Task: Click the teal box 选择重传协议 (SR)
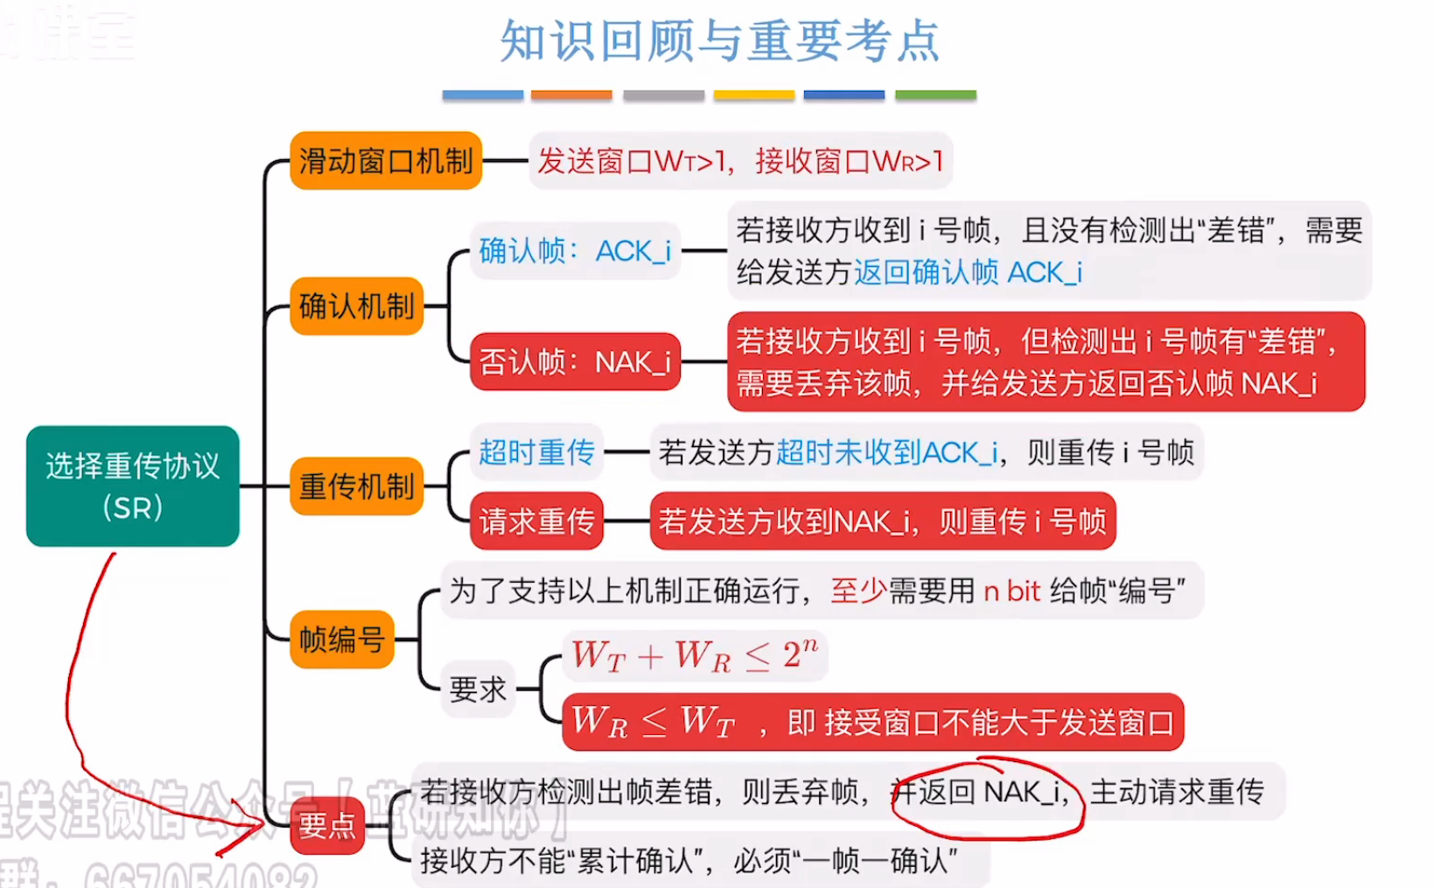(x=132, y=486)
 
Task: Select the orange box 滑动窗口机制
(x=386, y=161)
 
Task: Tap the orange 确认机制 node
(x=357, y=306)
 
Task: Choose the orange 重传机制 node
(x=357, y=486)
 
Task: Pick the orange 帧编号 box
(x=342, y=640)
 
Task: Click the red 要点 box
(x=326, y=825)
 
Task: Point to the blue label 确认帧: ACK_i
(x=575, y=251)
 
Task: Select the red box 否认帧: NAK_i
(x=575, y=361)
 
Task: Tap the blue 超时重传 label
(x=536, y=452)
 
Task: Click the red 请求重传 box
(x=536, y=521)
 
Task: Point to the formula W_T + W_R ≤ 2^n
(x=695, y=655)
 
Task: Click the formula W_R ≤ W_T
(x=653, y=723)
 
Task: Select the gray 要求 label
(x=478, y=689)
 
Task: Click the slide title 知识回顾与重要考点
(x=719, y=40)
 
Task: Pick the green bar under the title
(x=935, y=94)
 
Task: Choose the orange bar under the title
(x=571, y=94)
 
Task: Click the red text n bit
(x=1011, y=591)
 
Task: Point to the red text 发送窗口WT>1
(x=632, y=161)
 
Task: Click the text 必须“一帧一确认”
(x=845, y=861)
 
